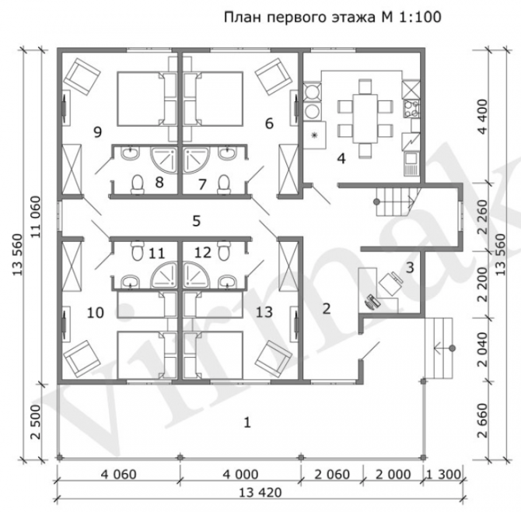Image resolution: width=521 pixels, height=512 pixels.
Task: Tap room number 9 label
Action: pyautogui.click(x=97, y=132)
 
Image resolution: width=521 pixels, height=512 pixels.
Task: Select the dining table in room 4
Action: pyautogui.click(x=365, y=118)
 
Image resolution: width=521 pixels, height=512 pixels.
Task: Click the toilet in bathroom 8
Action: pyautogui.click(x=137, y=184)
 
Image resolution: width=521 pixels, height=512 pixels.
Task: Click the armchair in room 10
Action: pyautogui.click(x=82, y=359)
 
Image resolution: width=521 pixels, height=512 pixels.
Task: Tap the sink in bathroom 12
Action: pyautogui.click(x=227, y=281)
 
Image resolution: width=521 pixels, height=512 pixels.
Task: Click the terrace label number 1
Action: pyautogui.click(x=247, y=423)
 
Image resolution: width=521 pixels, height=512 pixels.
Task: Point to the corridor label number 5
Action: pyautogui.click(x=197, y=221)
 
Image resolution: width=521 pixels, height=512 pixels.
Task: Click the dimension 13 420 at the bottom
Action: pyautogui.click(x=260, y=493)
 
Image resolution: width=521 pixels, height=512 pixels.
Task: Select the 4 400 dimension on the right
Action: pyautogui.click(x=483, y=116)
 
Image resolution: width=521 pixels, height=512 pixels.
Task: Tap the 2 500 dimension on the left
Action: pyautogui.click(x=35, y=422)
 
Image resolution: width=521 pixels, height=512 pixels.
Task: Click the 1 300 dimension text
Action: pyautogui.click(x=443, y=475)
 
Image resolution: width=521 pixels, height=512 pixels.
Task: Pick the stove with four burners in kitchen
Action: pyautogui.click(x=411, y=109)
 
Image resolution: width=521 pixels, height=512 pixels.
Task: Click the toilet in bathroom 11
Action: pyautogui.click(x=137, y=251)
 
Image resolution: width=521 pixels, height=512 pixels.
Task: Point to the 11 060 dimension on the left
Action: pyautogui.click(x=35, y=217)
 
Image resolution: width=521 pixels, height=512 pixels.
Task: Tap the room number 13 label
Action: pyautogui.click(x=264, y=312)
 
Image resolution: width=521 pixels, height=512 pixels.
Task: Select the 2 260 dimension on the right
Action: pyautogui.click(x=483, y=217)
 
